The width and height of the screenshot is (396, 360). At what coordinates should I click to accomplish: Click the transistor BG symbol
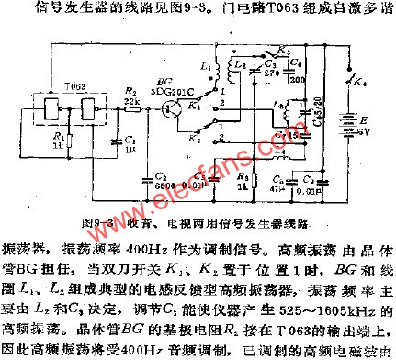click(171, 107)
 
